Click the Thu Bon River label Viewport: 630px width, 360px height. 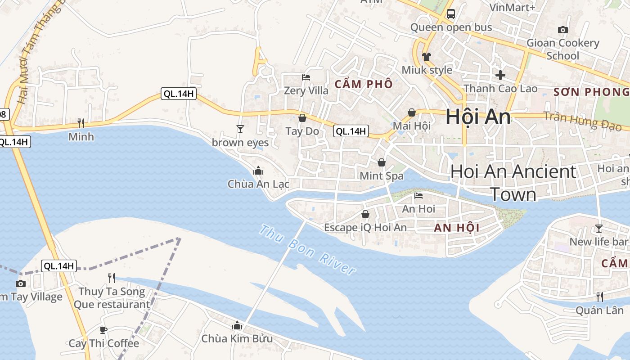pos(308,250)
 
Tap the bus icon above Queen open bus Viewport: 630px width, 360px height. pos(450,14)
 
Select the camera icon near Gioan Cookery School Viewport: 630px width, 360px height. pos(562,30)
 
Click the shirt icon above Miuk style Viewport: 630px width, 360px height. pos(426,57)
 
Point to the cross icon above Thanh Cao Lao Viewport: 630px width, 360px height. pos(500,75)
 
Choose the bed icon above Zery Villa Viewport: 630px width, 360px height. pos(306,77)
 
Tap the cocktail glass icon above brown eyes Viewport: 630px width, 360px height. pos(240,129)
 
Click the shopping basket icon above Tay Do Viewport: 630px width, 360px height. pos(302,118)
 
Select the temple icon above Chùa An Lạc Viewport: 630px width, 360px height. pos(258,171)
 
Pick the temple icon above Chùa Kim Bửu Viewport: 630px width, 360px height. pos(237,325)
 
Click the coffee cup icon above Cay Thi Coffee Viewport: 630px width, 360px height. pos(103,330)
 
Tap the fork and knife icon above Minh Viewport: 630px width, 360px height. pos(81,123)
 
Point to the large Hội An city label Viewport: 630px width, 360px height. pos(478,117)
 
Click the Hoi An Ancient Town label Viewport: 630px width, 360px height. pos(513,183)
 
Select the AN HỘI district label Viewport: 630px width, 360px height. pos(457,228)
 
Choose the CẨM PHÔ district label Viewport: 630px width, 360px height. pos(364,84)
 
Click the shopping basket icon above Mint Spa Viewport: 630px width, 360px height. pos(382,162)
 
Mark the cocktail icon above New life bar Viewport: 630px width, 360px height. pos(598,229)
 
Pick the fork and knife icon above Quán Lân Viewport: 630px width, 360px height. pos(599,297)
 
